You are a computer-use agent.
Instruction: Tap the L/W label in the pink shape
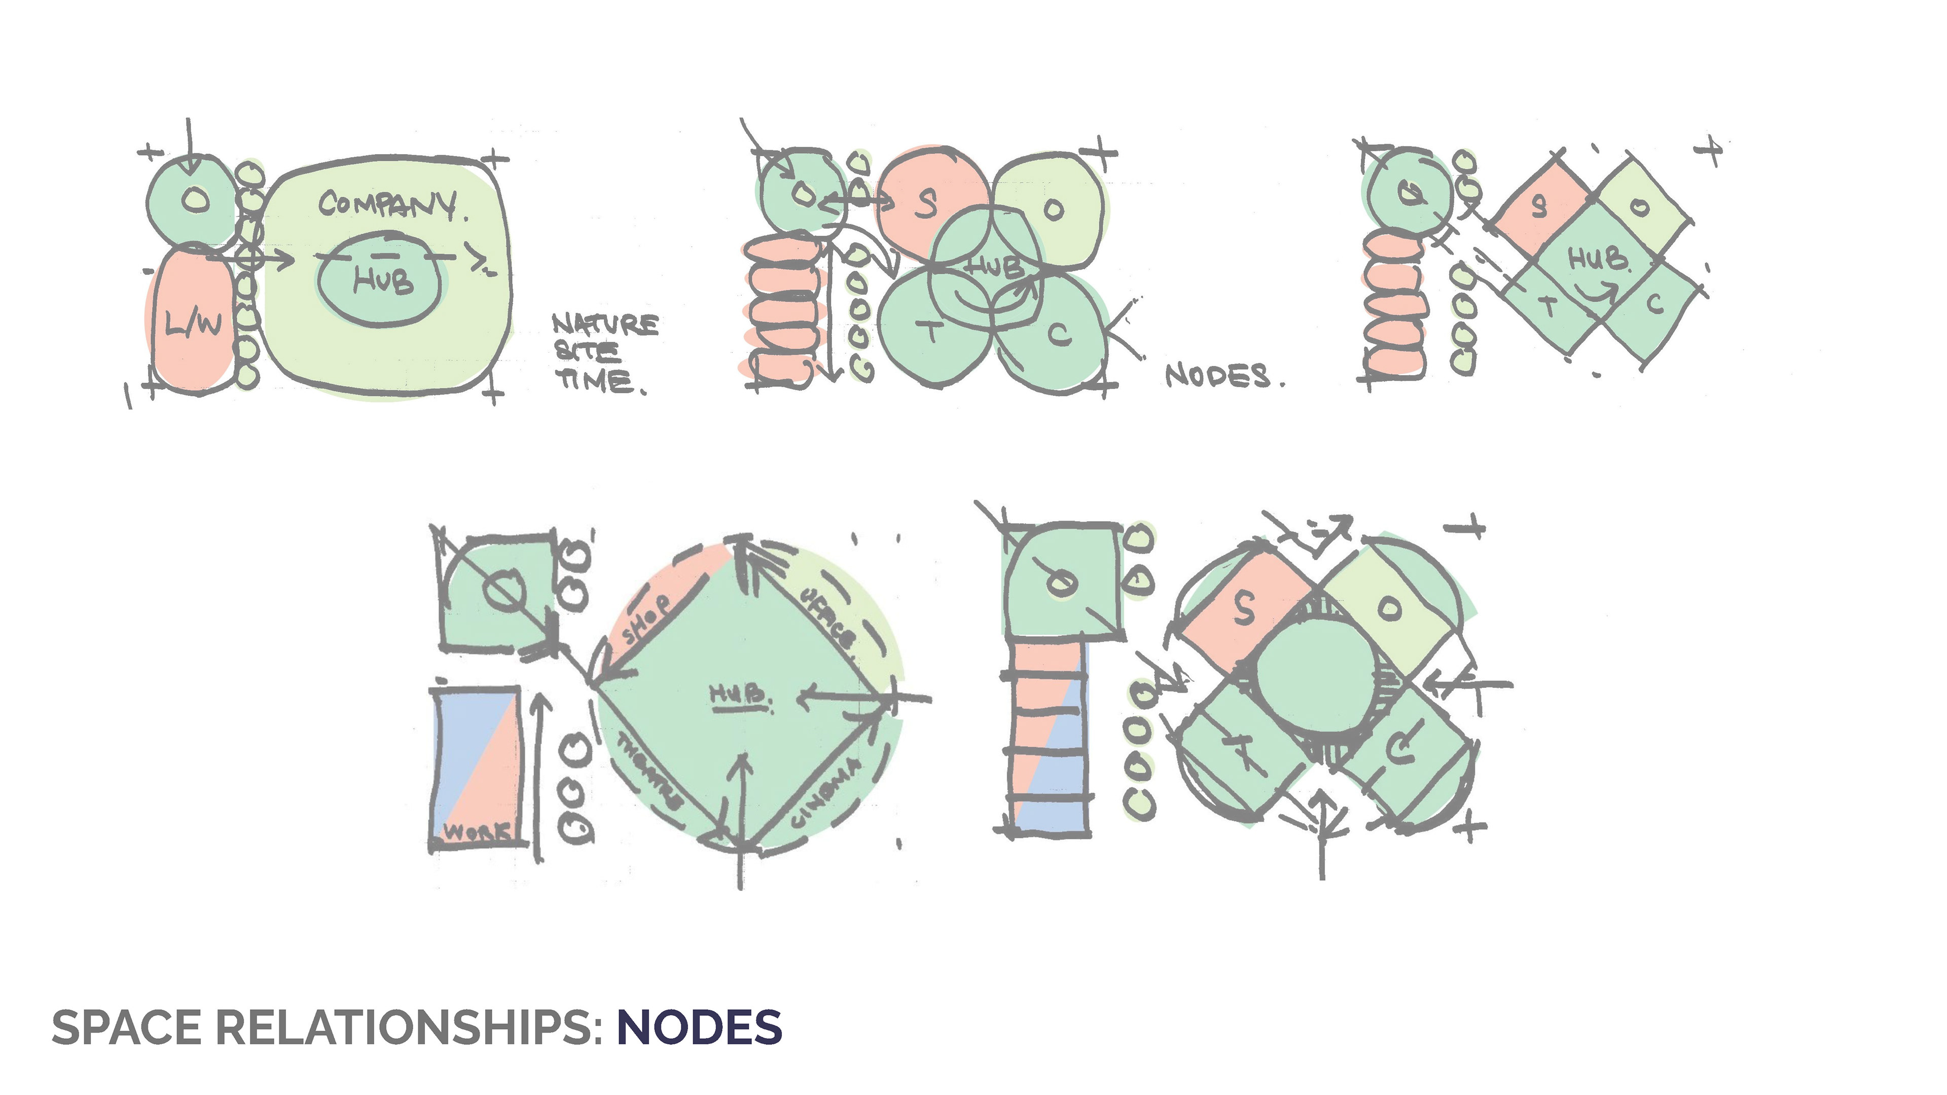194,324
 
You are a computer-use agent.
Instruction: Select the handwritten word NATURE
605,325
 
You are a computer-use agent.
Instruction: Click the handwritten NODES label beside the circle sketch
1219,376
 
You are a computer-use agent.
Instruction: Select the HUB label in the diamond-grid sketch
1598,259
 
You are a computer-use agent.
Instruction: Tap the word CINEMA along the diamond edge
825,793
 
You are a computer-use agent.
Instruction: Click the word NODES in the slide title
699,1028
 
